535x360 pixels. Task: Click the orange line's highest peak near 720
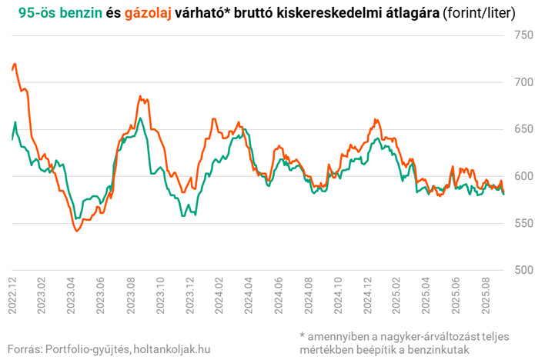(x=15, y=64)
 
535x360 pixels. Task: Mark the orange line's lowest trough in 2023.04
(x=76, y=231)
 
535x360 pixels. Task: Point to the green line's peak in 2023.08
(x=139, y=118)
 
